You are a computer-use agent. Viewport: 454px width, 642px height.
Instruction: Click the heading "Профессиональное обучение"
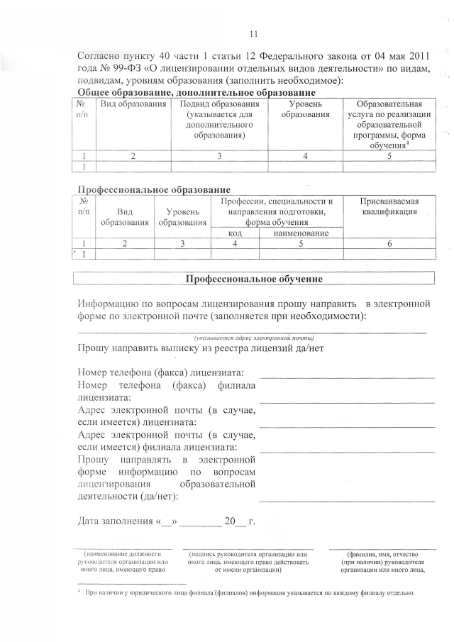point(254,279)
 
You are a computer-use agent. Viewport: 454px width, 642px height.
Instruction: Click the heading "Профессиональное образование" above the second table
point(153,189)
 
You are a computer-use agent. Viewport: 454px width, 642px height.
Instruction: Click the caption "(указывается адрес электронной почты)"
point(253,338)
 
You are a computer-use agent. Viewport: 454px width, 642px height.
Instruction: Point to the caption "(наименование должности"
point(123,554)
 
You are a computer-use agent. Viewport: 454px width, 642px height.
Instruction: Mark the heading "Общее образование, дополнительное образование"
point(195,93)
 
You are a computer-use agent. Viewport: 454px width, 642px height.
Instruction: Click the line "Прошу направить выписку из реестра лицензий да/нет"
point(201,348)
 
